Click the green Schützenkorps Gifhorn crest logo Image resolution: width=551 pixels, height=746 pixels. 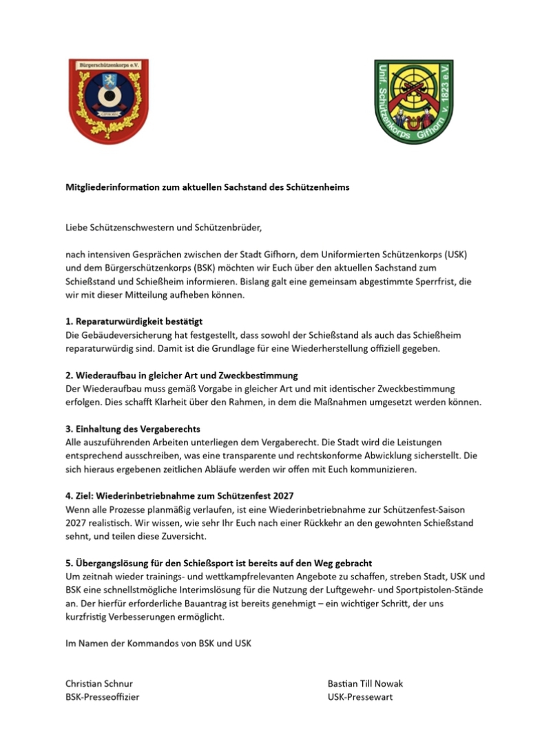click(x=413, y=101)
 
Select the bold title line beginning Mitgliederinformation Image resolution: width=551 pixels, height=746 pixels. click(x=207, y=187)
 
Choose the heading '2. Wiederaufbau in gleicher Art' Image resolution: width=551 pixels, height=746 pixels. click(x=181, y=375)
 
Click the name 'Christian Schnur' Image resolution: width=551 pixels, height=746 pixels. click(x=99, y=683)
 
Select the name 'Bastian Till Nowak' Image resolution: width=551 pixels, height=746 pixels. click(x=366, y=683)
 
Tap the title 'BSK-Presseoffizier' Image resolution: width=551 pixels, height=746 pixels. click(x=102, y=697)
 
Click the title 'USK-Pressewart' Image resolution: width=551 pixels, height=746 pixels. click(x=360, y=697)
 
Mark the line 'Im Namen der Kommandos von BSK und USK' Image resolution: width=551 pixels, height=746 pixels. click(x=158, y=643)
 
